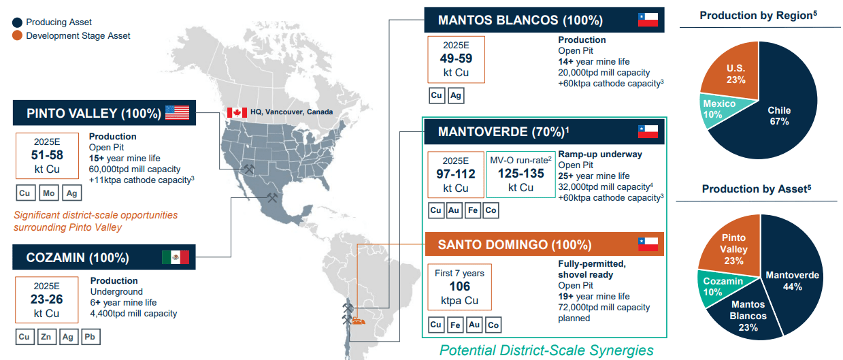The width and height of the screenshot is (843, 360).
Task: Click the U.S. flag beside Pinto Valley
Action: point(177,113)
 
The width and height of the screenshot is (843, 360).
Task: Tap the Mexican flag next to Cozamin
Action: point(175,257)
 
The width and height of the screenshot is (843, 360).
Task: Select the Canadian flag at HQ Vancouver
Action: point(237,112)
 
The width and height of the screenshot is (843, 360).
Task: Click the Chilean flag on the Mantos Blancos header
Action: point(647,20)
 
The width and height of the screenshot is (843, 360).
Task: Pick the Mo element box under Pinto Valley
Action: point(48,193)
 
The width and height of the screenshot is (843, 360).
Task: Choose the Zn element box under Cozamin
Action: point(46,336)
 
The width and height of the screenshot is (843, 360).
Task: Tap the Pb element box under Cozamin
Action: point(90,336)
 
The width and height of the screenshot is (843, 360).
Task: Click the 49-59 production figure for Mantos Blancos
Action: point(456,59)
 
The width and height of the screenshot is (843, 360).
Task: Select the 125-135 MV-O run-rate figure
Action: point(521,174)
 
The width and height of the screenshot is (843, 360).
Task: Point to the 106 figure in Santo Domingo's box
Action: point(460,287)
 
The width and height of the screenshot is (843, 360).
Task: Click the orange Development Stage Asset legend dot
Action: point(17,35)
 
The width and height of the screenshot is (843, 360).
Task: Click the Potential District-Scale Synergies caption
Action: point(546,350)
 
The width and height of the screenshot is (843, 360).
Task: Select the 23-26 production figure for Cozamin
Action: point(48,300)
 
